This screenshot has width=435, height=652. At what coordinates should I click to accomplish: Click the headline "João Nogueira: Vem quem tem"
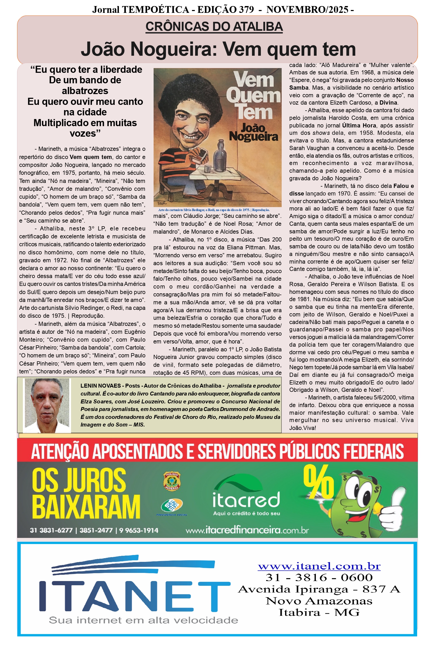click(218, 49)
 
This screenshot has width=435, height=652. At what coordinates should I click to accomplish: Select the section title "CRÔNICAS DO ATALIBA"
click(214, 27)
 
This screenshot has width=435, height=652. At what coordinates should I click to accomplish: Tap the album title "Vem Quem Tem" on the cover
click(253, 96)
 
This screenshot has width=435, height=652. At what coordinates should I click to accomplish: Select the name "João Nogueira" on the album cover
click(253, 133)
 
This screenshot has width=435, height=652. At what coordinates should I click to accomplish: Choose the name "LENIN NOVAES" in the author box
click(100, 386)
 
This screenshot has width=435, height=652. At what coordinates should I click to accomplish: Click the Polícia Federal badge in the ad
click(172, 481)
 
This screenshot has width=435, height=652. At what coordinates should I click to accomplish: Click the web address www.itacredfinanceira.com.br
click(247, 530)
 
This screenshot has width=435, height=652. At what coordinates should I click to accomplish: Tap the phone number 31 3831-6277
click(51, 530)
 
